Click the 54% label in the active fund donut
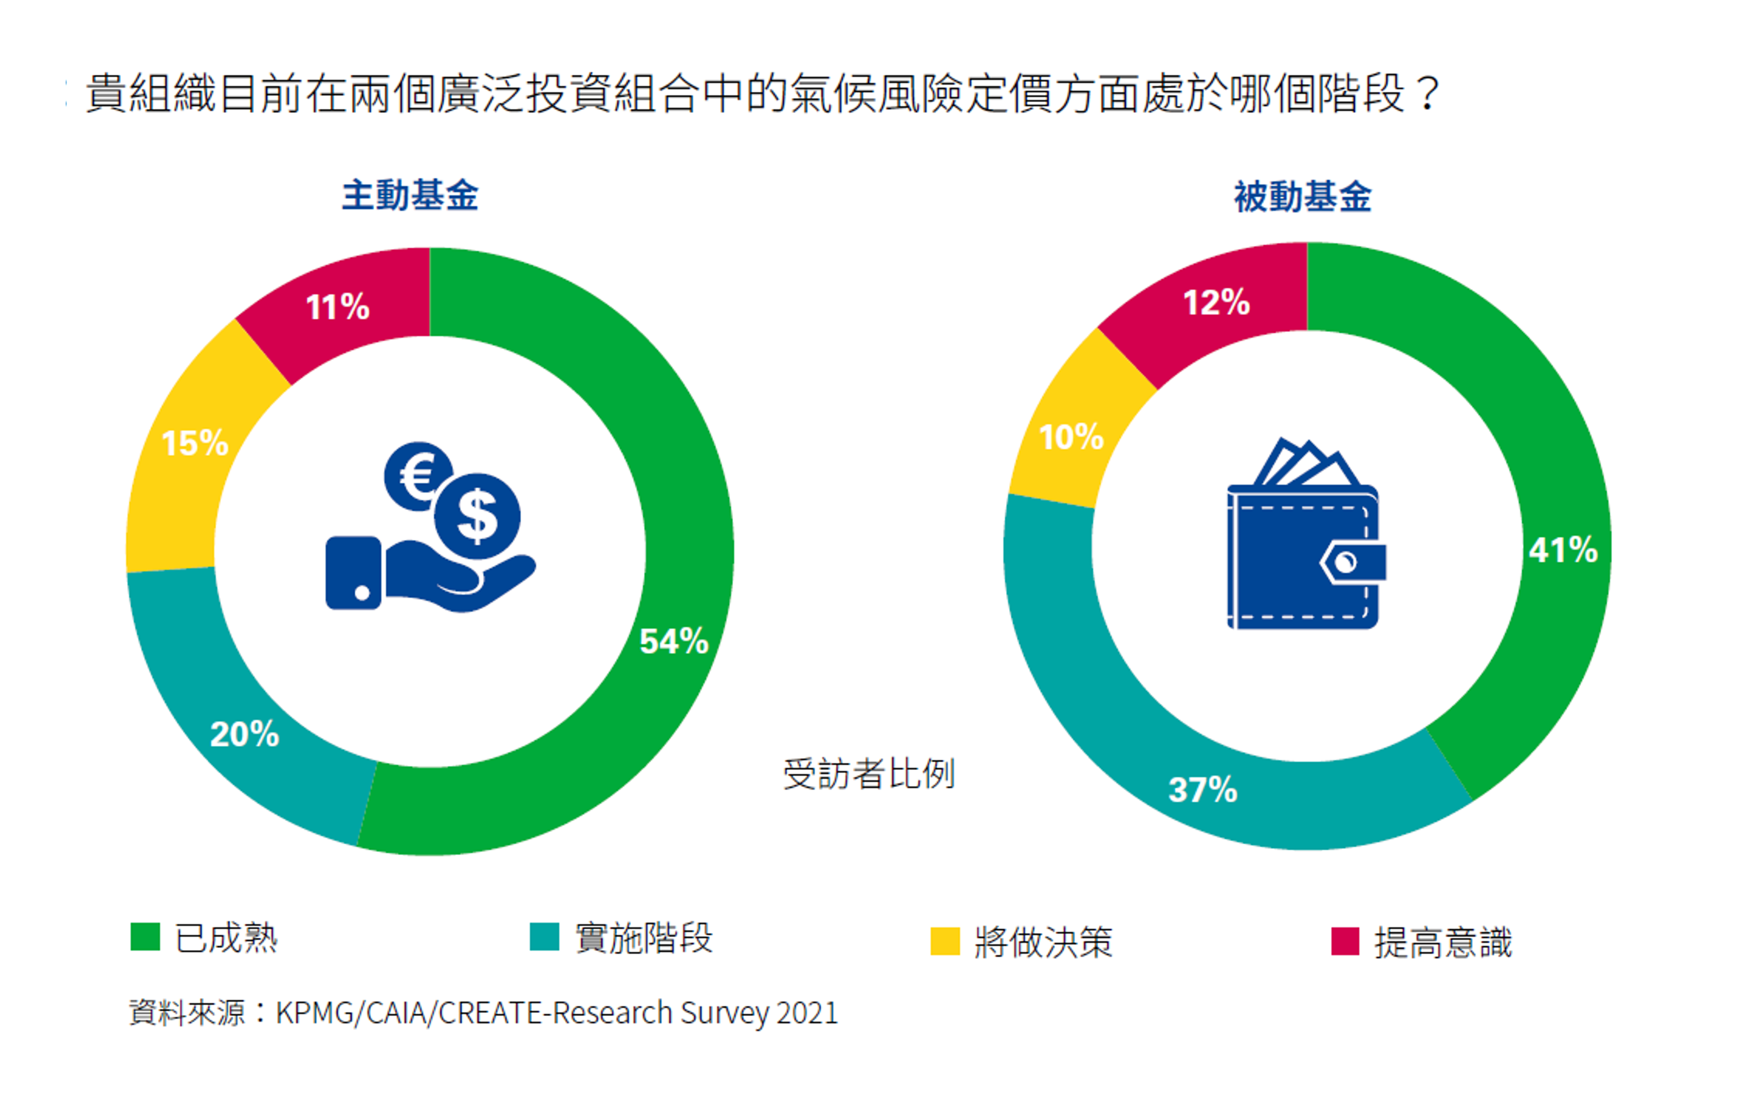[x=673, y=641]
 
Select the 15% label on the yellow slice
[x=194, y=443]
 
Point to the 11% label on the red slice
[x=338, y=307]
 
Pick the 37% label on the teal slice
[x=1203, y=790]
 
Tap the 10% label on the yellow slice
[x=1071, y=437]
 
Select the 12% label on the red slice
[x=1216, y=302]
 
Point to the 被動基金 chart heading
[x=1302, y=197]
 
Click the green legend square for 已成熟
[x=144, y=937]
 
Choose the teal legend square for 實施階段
[x=544, y=937]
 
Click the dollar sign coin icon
[x=478, y=516]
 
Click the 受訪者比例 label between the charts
[x=869, y=774]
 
